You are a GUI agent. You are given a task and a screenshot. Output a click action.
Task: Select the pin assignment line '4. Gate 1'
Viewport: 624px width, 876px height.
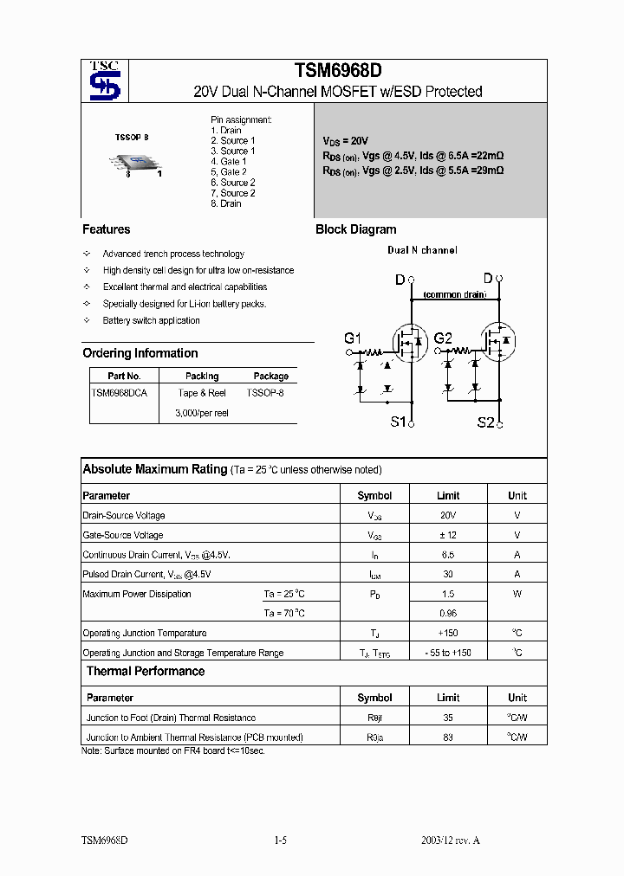(x=229, y=162)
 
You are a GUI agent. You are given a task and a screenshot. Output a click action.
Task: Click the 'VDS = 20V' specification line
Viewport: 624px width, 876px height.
(x=346, y=140)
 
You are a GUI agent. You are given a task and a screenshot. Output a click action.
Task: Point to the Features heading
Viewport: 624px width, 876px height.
(x=107, y=229)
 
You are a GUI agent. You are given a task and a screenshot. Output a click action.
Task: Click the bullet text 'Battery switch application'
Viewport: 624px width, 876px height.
(x=151, y=320)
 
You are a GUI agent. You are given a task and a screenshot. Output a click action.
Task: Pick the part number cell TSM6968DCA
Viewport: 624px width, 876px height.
(x=120, y=392)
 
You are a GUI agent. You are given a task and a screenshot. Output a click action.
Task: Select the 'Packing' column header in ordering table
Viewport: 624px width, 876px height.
(x=202, y=377)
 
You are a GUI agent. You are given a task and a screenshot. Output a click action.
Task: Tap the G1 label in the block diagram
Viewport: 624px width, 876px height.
(x=353, y=338)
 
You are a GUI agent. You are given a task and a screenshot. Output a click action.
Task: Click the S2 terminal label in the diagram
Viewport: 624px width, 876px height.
(x=486, y=422)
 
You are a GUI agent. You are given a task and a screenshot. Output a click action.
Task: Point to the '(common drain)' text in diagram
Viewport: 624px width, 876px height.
(x=454, y=295)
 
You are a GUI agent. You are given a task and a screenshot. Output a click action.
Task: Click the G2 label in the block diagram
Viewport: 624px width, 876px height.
(x=443, y=338)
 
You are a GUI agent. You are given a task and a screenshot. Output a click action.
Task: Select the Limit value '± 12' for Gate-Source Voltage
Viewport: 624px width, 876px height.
(x=448, y=535)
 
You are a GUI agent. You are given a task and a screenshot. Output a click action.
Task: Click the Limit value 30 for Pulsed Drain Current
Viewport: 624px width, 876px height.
(x=448, y=574)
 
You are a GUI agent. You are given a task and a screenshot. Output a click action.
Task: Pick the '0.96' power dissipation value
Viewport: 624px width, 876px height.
(x=448, y=614)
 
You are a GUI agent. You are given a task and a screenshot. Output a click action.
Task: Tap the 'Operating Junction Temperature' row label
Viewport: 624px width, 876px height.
(x=145, y=634)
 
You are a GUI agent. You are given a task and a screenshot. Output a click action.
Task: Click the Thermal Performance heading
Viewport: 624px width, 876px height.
(x=146, y=672)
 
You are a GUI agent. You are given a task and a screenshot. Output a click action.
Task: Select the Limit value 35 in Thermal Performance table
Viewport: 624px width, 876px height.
(x=448, y=718)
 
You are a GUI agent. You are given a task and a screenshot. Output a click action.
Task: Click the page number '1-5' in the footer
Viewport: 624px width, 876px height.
(x=280, y=841)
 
